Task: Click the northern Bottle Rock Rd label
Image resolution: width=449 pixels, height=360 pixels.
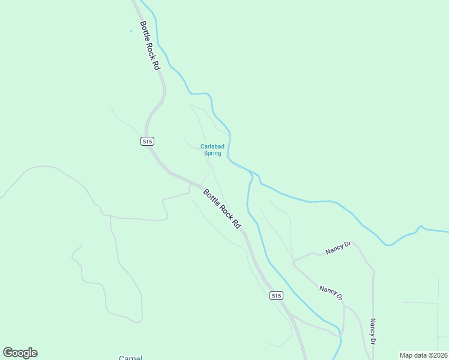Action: click(151, 46)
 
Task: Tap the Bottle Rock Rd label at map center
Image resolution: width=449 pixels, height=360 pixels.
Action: click(221, 209)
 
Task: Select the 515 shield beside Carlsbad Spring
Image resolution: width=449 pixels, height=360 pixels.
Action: click(148, 141)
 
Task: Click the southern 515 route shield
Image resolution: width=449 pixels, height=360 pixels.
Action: click(276, 295)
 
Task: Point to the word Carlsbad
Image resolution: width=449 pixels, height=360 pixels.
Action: click(211, 146)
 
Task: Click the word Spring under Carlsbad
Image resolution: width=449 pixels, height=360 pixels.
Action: click(212, 153)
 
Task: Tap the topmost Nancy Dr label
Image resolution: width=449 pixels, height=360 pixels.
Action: click(337, 249)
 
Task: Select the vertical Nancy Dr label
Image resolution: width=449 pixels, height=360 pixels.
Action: click(373, 331)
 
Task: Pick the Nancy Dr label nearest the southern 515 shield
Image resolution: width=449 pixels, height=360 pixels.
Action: click(331, 293)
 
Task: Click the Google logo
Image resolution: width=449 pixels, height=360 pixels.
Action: click(20, 353)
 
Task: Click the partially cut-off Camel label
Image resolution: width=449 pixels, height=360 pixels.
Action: click(130, 358)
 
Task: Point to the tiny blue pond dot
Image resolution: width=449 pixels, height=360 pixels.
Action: click(130, 31)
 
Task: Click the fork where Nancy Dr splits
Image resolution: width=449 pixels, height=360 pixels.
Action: click(293, 262)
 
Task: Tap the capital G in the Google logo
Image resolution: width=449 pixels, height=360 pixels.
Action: click(8, 353)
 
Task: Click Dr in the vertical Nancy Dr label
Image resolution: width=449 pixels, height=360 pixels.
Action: click(373, 341)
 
